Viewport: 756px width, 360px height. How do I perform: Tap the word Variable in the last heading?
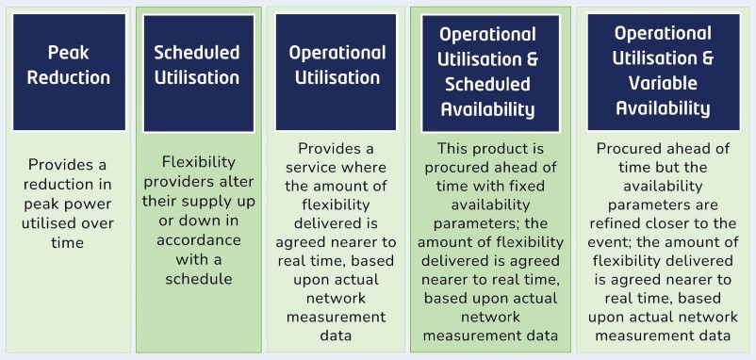(648, 82)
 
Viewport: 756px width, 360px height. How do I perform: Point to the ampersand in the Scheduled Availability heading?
(532, 58)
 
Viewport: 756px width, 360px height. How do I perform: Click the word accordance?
(198, 241)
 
